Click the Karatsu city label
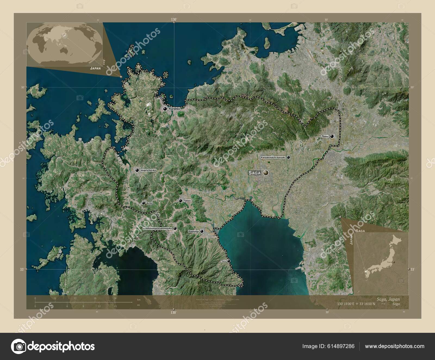tap(174, 109)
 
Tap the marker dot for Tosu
tap(332, 136)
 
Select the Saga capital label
tap(254, 173)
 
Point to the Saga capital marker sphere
tap(266, 173)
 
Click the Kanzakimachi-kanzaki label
tap(273, 157)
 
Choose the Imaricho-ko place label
tap(148, 170)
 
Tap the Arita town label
tap(149, 203)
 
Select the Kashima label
tap(194, 231)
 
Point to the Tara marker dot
tap(229, 261)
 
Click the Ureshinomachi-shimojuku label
tap(158, 229)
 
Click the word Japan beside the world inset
tap(95, 69)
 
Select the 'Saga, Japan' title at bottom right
tap(388, 299)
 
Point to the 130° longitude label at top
tap(174, 19)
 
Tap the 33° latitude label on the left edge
tap(22, 269)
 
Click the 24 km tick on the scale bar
tap(115, 298)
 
